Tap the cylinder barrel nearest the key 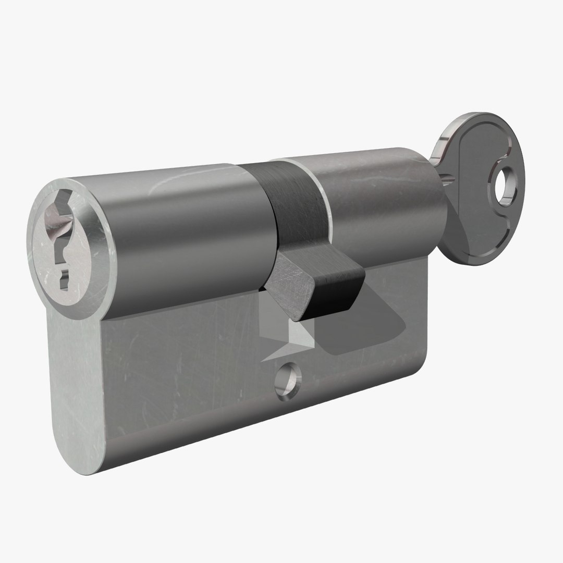coord(381,203)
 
